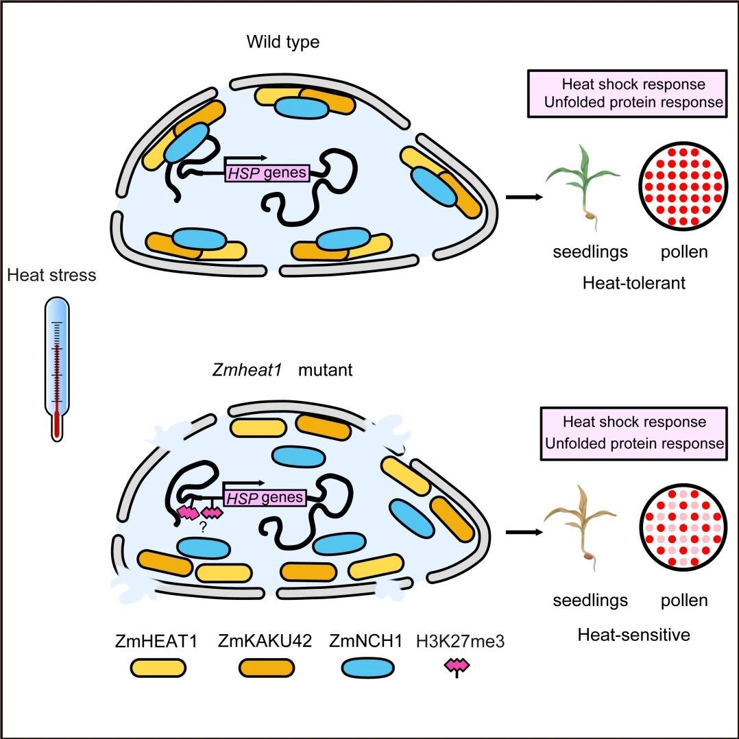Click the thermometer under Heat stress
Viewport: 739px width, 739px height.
click(57, 369)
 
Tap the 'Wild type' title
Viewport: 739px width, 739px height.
click(282, 42)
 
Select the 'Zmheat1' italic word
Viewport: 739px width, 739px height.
click(247, 370)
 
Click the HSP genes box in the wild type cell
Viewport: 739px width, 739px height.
click(267, 173)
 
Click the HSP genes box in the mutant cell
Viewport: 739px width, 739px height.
click(265, 498)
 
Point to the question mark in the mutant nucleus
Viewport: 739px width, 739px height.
click(203, 527)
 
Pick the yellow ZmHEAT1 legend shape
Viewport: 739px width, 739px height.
click(158, 668)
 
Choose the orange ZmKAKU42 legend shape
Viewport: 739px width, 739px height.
click(266, 668)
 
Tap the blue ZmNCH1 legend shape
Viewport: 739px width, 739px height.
click(367, 668)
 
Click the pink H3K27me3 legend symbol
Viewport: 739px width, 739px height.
click(457, 667)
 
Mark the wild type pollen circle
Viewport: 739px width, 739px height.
click(683, 186)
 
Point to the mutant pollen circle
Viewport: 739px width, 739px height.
click(683, 527)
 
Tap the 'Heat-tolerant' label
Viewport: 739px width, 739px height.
click(634, 282)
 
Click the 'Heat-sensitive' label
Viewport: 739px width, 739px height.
click(634, 635)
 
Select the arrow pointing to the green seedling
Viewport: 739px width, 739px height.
click(524, 197)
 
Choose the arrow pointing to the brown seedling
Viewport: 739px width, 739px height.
click(524, 532)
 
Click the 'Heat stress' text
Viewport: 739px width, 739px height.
click(51, 275)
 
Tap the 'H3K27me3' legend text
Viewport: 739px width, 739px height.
click(461, 642)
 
